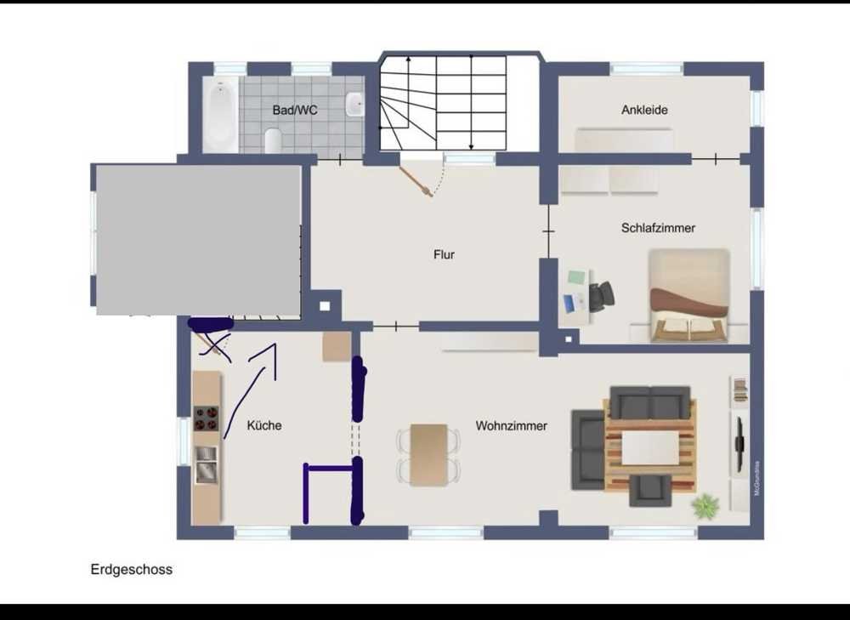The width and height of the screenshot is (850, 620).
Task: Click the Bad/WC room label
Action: [x=294, y=110]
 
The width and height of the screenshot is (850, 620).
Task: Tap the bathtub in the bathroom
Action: [x=220, y=115]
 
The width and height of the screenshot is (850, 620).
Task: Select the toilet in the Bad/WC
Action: [x=273, y=140]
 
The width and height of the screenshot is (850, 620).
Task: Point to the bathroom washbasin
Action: [x=354, y=104]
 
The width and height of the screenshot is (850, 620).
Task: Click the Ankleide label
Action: [x=644, y=110]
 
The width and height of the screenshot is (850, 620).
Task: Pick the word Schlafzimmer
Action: [x=658, y=228]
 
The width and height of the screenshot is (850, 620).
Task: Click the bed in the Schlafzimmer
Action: [x=689, y=296]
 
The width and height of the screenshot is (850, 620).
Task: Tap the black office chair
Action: [x=602, y=296]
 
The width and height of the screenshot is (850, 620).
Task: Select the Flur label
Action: [x=444, y=254]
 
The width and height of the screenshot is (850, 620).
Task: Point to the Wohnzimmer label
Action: [x=511, y=426]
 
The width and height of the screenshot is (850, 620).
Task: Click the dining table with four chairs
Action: [x=428, y=454]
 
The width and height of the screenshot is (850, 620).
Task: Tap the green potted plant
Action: [x=705, y=505]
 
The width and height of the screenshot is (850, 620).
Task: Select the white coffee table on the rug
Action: [x=650, y=448]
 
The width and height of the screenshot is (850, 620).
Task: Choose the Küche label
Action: [x=264, y=425]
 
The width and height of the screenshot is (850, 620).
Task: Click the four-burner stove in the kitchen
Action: [x=206, y=418]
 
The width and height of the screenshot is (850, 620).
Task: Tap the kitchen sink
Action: [x=206, y=464]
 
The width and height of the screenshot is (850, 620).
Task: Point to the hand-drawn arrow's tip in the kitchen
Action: [x=275, y=344]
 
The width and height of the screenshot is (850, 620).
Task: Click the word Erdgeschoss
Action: [x=131, y=570]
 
